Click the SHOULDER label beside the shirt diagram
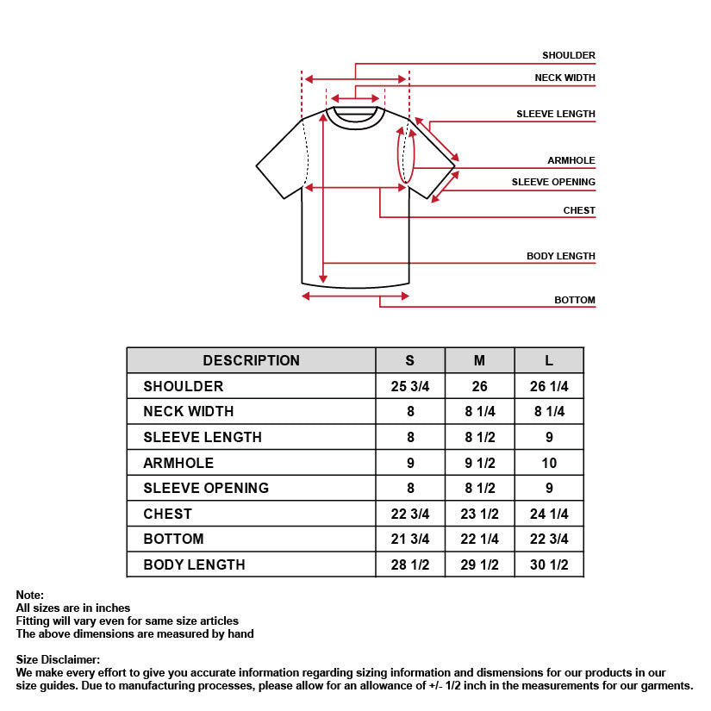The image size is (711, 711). [x=568, y=55]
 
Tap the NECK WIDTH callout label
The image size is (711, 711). [x=564, y=78]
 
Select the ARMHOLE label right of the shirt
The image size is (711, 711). [x=571, y=160]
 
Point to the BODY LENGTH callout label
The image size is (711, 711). [x=560, y=256]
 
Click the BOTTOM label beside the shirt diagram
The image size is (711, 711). [x=574, y=300]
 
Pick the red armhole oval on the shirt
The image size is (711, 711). [x=406, y=155]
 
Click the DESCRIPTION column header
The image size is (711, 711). [x=251, y=360]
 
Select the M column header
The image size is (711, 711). [x=479, y=360]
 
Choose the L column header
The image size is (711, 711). [x=549, y=360]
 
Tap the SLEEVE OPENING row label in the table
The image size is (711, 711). [x=206, y=488]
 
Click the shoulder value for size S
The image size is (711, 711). [x=410, y=386]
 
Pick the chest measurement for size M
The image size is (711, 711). [x=479, y=514]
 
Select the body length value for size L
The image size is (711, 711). [x=549, y=564]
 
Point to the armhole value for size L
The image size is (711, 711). [x=549, y=463]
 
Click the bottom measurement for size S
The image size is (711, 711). [x=410, y=539]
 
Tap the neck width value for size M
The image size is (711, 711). [x=479, y=412]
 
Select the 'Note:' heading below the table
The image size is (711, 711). [x=29, y=595]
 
